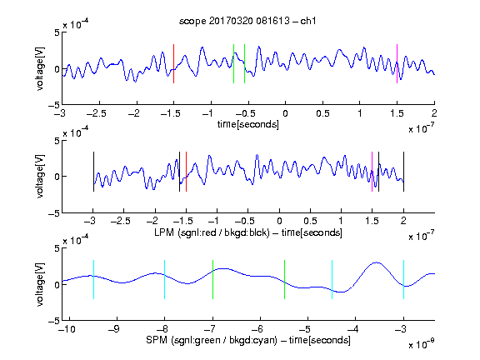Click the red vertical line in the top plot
click(x=173, y=63)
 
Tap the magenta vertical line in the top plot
click(x=397, y=63)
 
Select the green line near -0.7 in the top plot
click(x=233, y=63)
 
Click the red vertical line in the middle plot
click(x=186, y=172)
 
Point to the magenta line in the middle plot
click(x=372, y=172)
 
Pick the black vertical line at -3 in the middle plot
click(x=93, y=172)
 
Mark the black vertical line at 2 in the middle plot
click(x=403, y=172)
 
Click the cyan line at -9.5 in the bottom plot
click(x=93, y=279)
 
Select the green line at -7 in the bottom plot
click(x=212, y=279)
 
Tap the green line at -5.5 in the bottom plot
click(x=284, y=279)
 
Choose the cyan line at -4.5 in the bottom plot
click(x=332, y=279)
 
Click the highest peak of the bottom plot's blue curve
click(x=377, y=262)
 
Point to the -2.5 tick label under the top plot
click(x=97, y=113)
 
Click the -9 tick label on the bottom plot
click(x=114, y=329)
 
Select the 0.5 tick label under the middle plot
click(x=310, y=221)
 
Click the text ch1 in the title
click(x=308, y=21)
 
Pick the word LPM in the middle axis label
click(x=164, y=232)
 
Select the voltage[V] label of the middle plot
click(x=40, y=177)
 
